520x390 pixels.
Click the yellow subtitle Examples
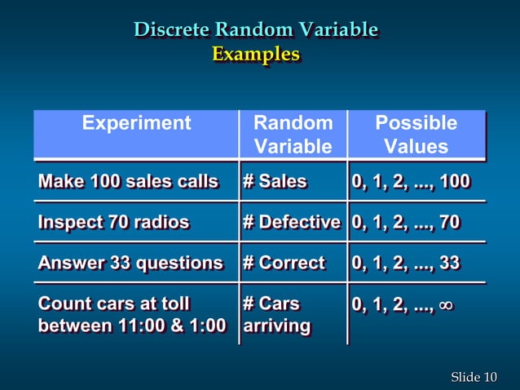click(x=256, y=55)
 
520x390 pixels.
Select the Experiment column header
click(x=136, y=123)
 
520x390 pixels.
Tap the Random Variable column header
click(x=293, y=135)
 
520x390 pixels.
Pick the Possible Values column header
click(x=416, y=135)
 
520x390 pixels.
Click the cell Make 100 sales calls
click(x=128, y=181)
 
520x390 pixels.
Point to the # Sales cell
click(x=275, y=181)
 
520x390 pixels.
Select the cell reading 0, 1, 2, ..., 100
click(x=411, y=181)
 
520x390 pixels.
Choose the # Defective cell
click(x=291, y=222)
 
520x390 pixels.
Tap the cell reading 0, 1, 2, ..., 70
click(x=406, y=222)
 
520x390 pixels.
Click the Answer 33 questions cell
click(x=130, y=263)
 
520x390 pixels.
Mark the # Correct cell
click(x=283, y=263)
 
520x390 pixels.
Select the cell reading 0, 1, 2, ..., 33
click(x=406, y=263)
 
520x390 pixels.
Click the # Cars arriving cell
click(x=276, y=315)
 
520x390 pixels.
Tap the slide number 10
click(x=490, y=376)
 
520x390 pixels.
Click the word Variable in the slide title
click(x=337, y=30)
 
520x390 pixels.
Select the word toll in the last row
click(x=174, y=304)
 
